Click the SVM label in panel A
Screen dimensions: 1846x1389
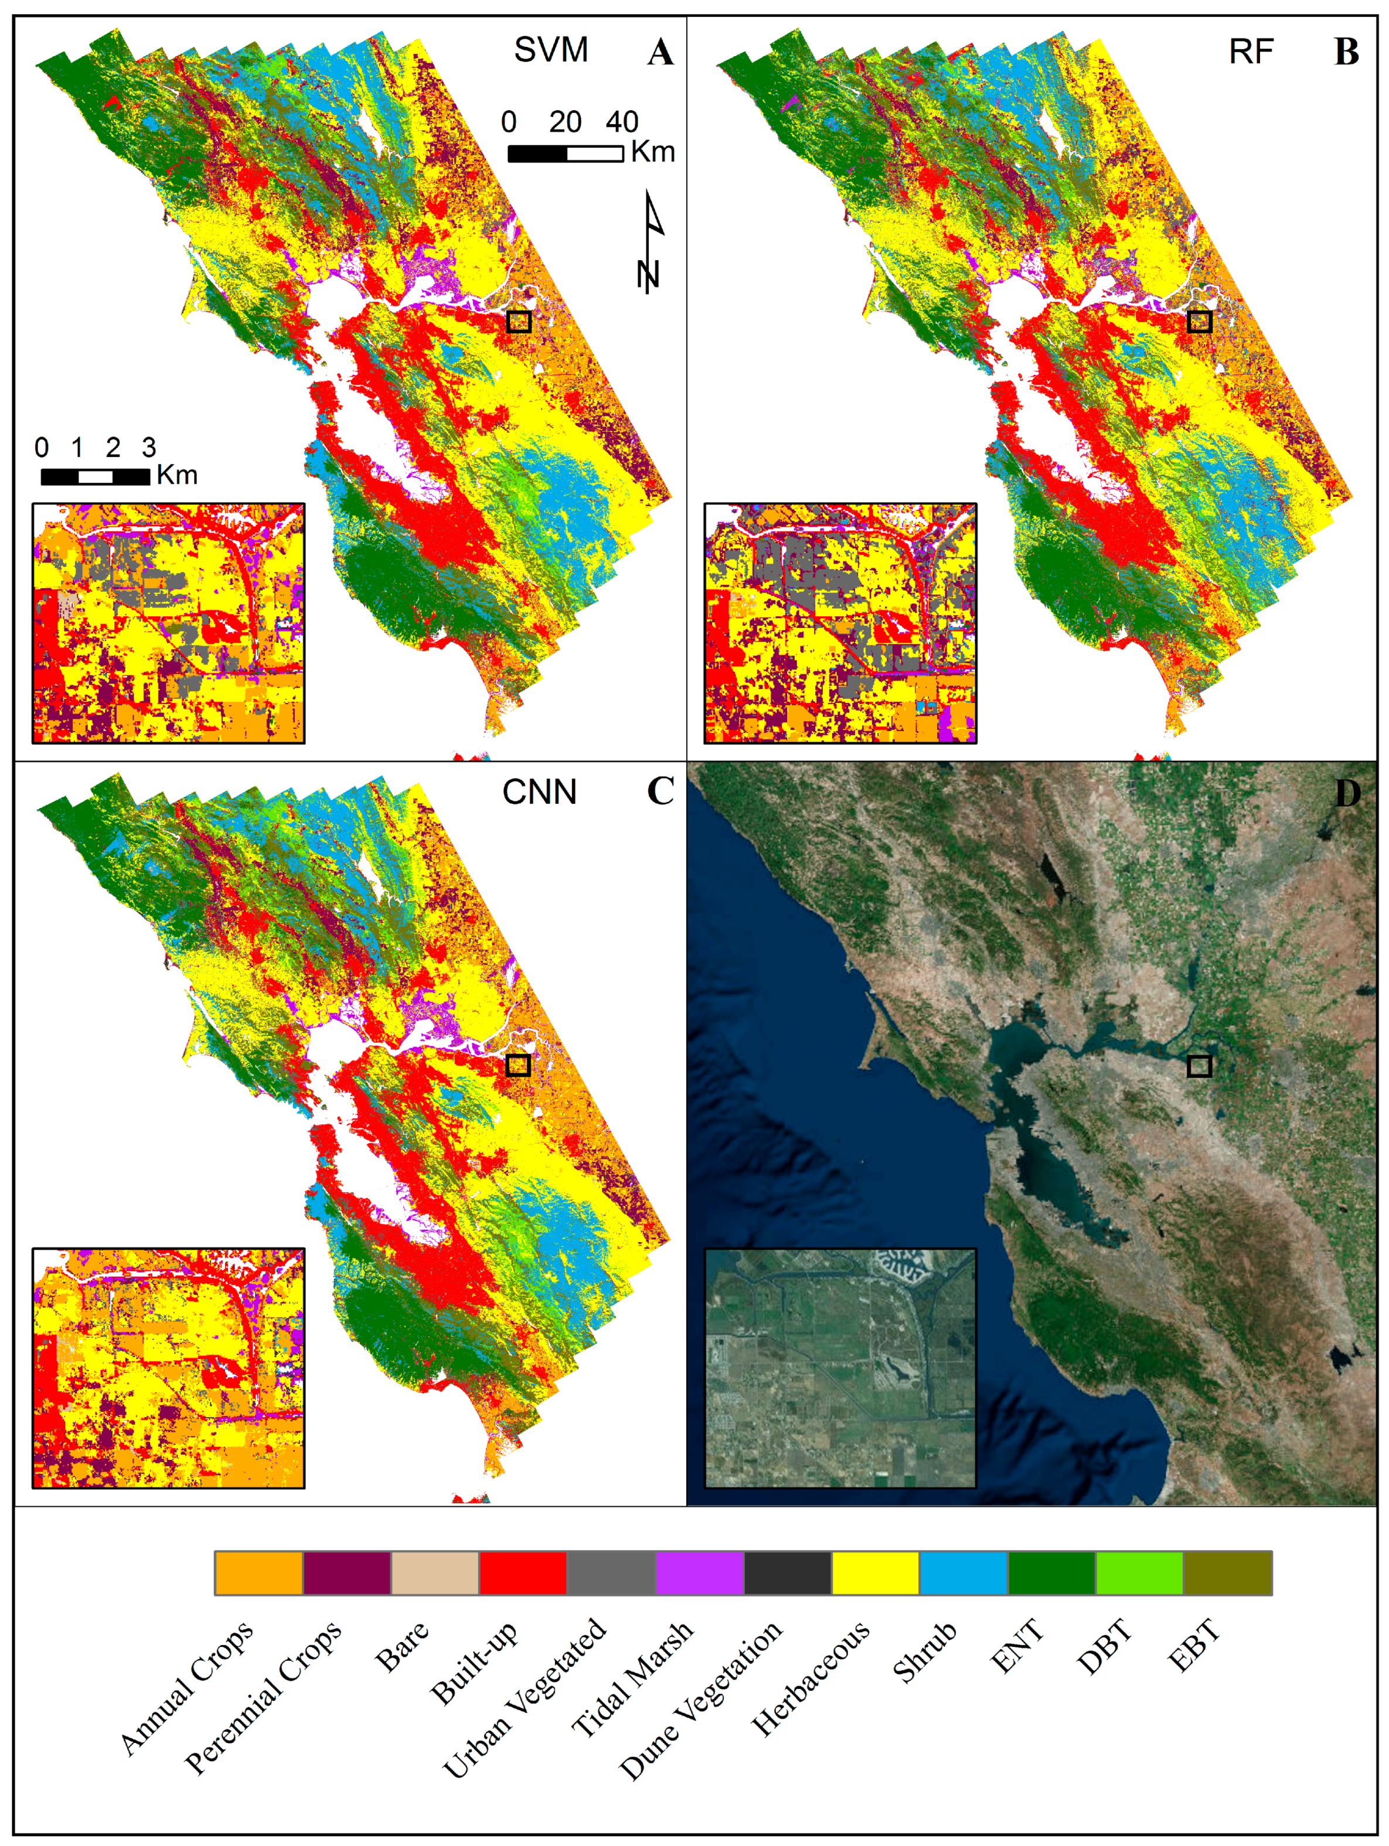tap(550, 50)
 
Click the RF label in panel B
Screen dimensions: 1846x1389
tap(1251, 52)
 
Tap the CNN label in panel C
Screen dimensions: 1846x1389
tap(539, 791)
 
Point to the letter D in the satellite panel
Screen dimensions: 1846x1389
tap(1346, 793)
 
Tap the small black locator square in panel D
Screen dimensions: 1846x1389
tap(1199, 1066)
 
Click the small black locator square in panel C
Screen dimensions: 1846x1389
tap(518, 1065)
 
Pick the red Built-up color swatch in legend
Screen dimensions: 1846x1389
tap(523, 1573)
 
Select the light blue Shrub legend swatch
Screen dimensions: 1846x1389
tap(964, 1573)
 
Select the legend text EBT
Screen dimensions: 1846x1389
tap(1194, 1644)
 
